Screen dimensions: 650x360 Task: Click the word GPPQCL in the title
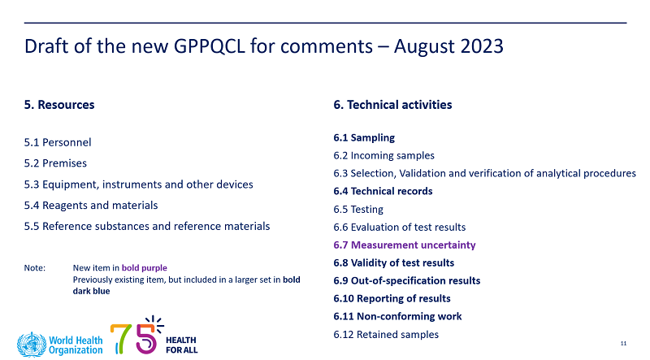(209, 46)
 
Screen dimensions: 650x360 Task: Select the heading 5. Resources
(59, 105)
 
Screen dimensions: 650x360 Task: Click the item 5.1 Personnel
(58, 142)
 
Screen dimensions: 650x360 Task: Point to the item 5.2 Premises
(55, 163)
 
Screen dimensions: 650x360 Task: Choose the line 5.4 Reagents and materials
(91, 206)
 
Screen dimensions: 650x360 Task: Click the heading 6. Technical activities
(392, 105)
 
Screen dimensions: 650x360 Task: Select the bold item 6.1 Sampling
(364, 137)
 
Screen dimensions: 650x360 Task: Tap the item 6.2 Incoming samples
(383, 155)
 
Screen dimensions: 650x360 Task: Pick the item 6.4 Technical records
(383, 191)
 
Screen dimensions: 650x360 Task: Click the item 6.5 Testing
(358, 209)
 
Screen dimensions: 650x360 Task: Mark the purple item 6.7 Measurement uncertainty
(405, 245)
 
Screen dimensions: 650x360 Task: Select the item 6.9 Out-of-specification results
(407, 280)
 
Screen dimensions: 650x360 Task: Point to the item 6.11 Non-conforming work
(397, 316)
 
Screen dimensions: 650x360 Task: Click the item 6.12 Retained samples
(386, 334)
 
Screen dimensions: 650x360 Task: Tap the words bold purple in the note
(145, 268)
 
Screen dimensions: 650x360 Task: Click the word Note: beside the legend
(35, 268)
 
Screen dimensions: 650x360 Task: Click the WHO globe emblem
(32, 345)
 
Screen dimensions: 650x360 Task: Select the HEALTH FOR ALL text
(181, 345)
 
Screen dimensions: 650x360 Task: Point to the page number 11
(623, 343)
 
